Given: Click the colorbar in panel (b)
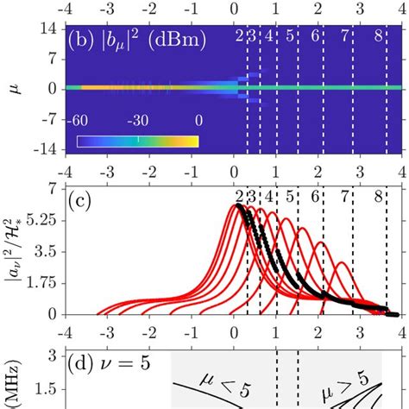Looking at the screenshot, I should pos(138,141).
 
